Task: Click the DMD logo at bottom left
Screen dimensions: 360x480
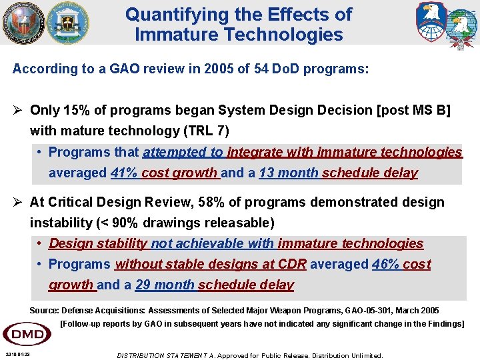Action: (x=27, y=333)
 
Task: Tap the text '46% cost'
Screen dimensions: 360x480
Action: (x=401, y=264)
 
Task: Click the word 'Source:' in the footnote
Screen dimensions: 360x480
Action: (x=44, y=311)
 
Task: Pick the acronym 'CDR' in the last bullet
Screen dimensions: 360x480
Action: (x=293, y=264)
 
